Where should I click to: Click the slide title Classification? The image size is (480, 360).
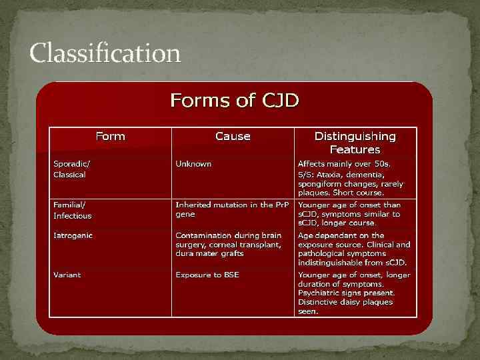(105, 53)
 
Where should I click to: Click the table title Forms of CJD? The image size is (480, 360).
(235, 101)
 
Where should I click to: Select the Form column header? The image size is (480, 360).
(110, 136)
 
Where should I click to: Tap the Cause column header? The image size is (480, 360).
(233, 136)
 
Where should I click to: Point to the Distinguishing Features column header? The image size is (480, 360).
(355, 143)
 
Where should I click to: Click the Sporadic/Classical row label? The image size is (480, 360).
(70, 169)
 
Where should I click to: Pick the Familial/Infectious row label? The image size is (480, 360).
(73, 210)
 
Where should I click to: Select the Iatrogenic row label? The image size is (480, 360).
(73, 235)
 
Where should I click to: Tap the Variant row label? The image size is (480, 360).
(68, 275)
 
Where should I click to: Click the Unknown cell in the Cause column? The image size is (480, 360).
(193, 163)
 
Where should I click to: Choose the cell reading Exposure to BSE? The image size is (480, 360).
(207, 275)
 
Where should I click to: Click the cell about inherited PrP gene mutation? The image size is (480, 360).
(232, 210)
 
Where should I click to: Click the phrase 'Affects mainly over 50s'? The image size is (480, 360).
(345, 163)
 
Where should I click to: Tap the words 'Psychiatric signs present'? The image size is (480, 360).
(347, 293)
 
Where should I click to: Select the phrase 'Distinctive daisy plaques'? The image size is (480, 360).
(345, 302)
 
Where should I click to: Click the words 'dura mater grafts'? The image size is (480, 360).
(209, 253)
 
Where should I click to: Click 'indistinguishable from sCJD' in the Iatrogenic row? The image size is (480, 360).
(352, 263)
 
